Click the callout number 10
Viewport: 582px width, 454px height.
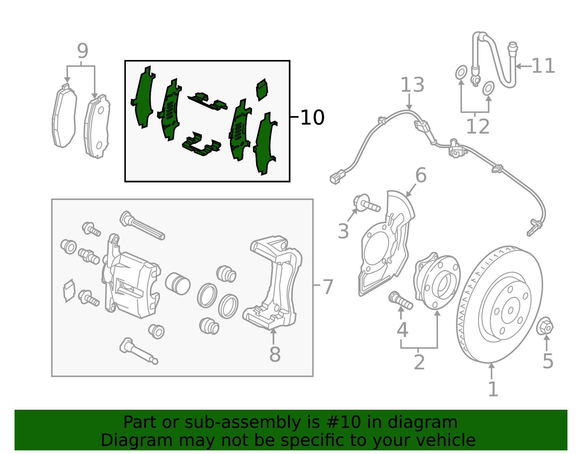point(312,117)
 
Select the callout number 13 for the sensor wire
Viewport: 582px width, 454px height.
point(412,85)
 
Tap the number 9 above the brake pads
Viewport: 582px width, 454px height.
point(83,51)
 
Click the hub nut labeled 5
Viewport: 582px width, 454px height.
point(545,326)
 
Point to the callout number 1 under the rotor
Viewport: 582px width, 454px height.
point(493,389)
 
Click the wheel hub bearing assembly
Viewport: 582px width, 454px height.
point(436,281)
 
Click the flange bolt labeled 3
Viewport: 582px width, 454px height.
point(366,204)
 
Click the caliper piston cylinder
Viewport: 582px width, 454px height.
point(178,283)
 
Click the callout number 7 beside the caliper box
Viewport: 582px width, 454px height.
point(328,287)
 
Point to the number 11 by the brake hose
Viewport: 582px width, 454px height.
point(543,66)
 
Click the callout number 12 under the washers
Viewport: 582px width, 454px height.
point(478,127)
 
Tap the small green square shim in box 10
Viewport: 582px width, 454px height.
point(262,89)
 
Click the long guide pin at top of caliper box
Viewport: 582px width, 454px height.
point(142,225)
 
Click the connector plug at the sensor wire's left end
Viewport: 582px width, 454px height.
point(335,178)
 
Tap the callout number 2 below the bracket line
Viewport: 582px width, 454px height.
point(419,362)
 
